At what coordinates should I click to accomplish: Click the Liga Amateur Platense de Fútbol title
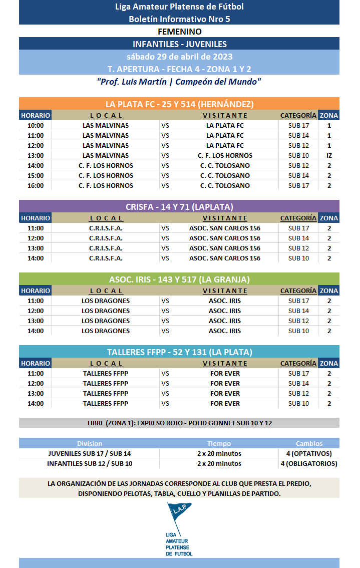179,7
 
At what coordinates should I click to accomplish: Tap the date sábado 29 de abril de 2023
179,57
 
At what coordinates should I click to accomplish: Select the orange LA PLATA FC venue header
179,104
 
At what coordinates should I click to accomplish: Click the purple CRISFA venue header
179,207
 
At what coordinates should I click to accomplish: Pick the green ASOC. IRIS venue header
179,279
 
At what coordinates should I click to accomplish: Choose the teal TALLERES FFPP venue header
179,352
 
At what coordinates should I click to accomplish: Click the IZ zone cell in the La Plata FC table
329,155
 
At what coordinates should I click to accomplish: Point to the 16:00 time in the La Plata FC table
36,185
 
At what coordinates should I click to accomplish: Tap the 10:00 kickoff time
36,125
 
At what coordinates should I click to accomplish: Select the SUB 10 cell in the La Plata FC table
298,155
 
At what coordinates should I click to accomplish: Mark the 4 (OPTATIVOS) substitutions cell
308,453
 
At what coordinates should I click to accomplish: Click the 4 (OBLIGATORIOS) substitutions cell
308,463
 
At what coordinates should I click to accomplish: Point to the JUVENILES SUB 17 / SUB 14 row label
90,453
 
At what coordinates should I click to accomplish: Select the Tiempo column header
219,443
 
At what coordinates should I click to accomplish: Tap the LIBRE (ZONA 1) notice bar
179,423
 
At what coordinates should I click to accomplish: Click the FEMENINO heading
179,32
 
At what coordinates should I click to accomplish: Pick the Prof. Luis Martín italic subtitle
179,81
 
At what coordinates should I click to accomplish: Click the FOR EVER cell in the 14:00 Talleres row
225,403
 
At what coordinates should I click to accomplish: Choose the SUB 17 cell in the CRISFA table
298,228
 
